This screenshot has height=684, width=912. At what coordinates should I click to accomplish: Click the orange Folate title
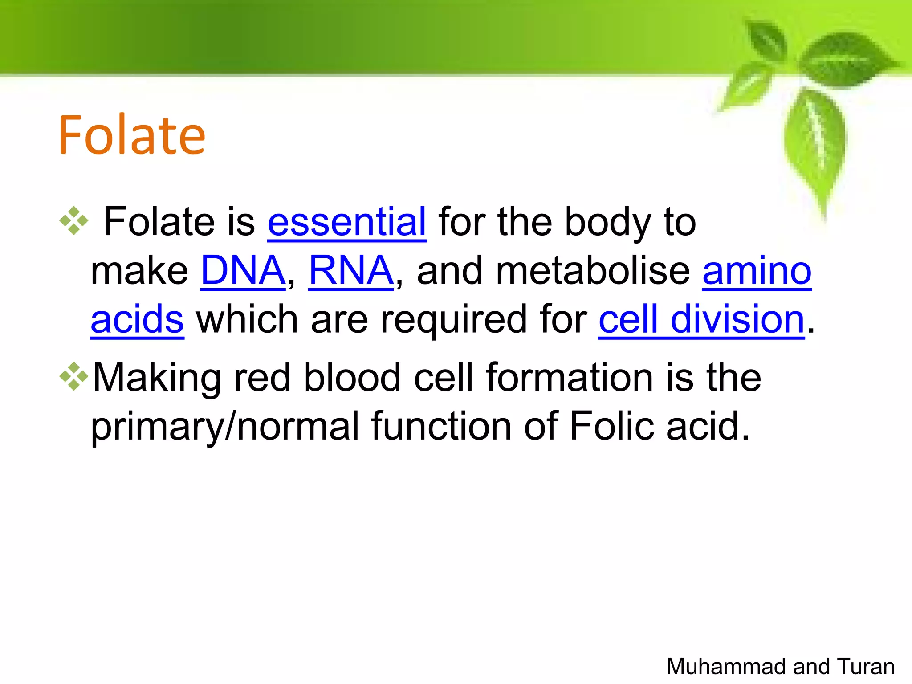click(x=132, y=135)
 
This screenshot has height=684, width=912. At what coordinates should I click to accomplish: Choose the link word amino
click(x=757, y=271)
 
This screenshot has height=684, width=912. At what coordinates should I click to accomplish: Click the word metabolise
click(x=592, y=271)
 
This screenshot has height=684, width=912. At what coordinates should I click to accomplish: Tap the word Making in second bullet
click(x=156, y=378)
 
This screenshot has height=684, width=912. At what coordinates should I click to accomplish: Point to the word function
click(x=441, y=426)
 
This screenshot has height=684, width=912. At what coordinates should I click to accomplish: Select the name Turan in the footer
click(x=866, y=667)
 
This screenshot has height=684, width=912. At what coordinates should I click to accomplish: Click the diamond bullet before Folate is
click(x=74, y=220)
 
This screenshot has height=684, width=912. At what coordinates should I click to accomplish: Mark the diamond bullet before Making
click(x=74, y=376)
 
